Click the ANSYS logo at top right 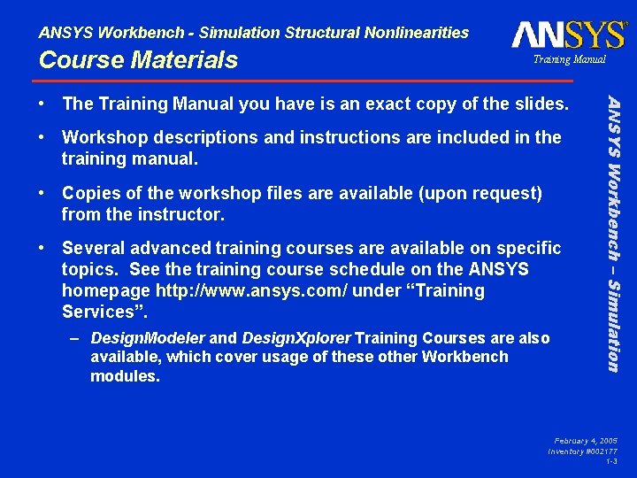tap(568, 35)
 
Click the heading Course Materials tap(138, 60)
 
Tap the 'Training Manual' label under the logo tap(569, 59)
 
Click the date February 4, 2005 tap(586, 440)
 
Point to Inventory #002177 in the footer tap(582, 451)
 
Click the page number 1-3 tap(611, 461)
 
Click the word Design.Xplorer tap(296, 338)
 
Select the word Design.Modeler tap(148, 338)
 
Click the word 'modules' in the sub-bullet tap(125, 375)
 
